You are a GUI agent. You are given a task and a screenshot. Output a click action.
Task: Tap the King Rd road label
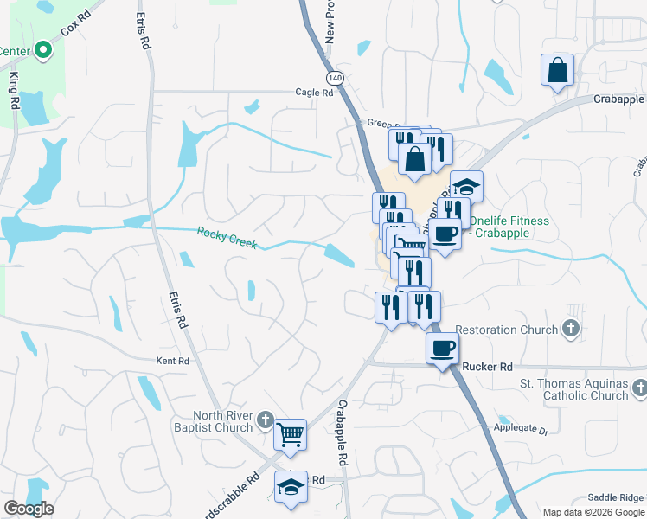coord(15,90)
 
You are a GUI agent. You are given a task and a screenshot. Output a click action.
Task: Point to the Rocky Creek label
coord(227,237)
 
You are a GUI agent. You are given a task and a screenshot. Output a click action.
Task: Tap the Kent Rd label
coord(172,361)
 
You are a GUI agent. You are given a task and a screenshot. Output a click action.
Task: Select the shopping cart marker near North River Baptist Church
coord(291,434)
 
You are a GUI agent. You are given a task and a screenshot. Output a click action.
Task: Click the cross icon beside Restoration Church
coord(569,329)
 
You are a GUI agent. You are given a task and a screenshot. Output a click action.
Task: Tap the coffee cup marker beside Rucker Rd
coord(443,348)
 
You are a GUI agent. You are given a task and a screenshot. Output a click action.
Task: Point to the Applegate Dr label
coord(522,429)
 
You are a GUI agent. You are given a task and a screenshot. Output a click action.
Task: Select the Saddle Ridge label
coord(615,497)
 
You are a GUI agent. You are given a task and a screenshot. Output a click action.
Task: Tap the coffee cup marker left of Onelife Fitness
coord(445,234)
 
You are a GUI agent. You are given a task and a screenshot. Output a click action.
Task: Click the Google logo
coord(28,509)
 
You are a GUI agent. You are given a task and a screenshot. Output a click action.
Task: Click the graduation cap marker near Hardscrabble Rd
coord(291,487)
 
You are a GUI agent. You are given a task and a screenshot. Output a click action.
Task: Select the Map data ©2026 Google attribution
coord(593,512)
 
